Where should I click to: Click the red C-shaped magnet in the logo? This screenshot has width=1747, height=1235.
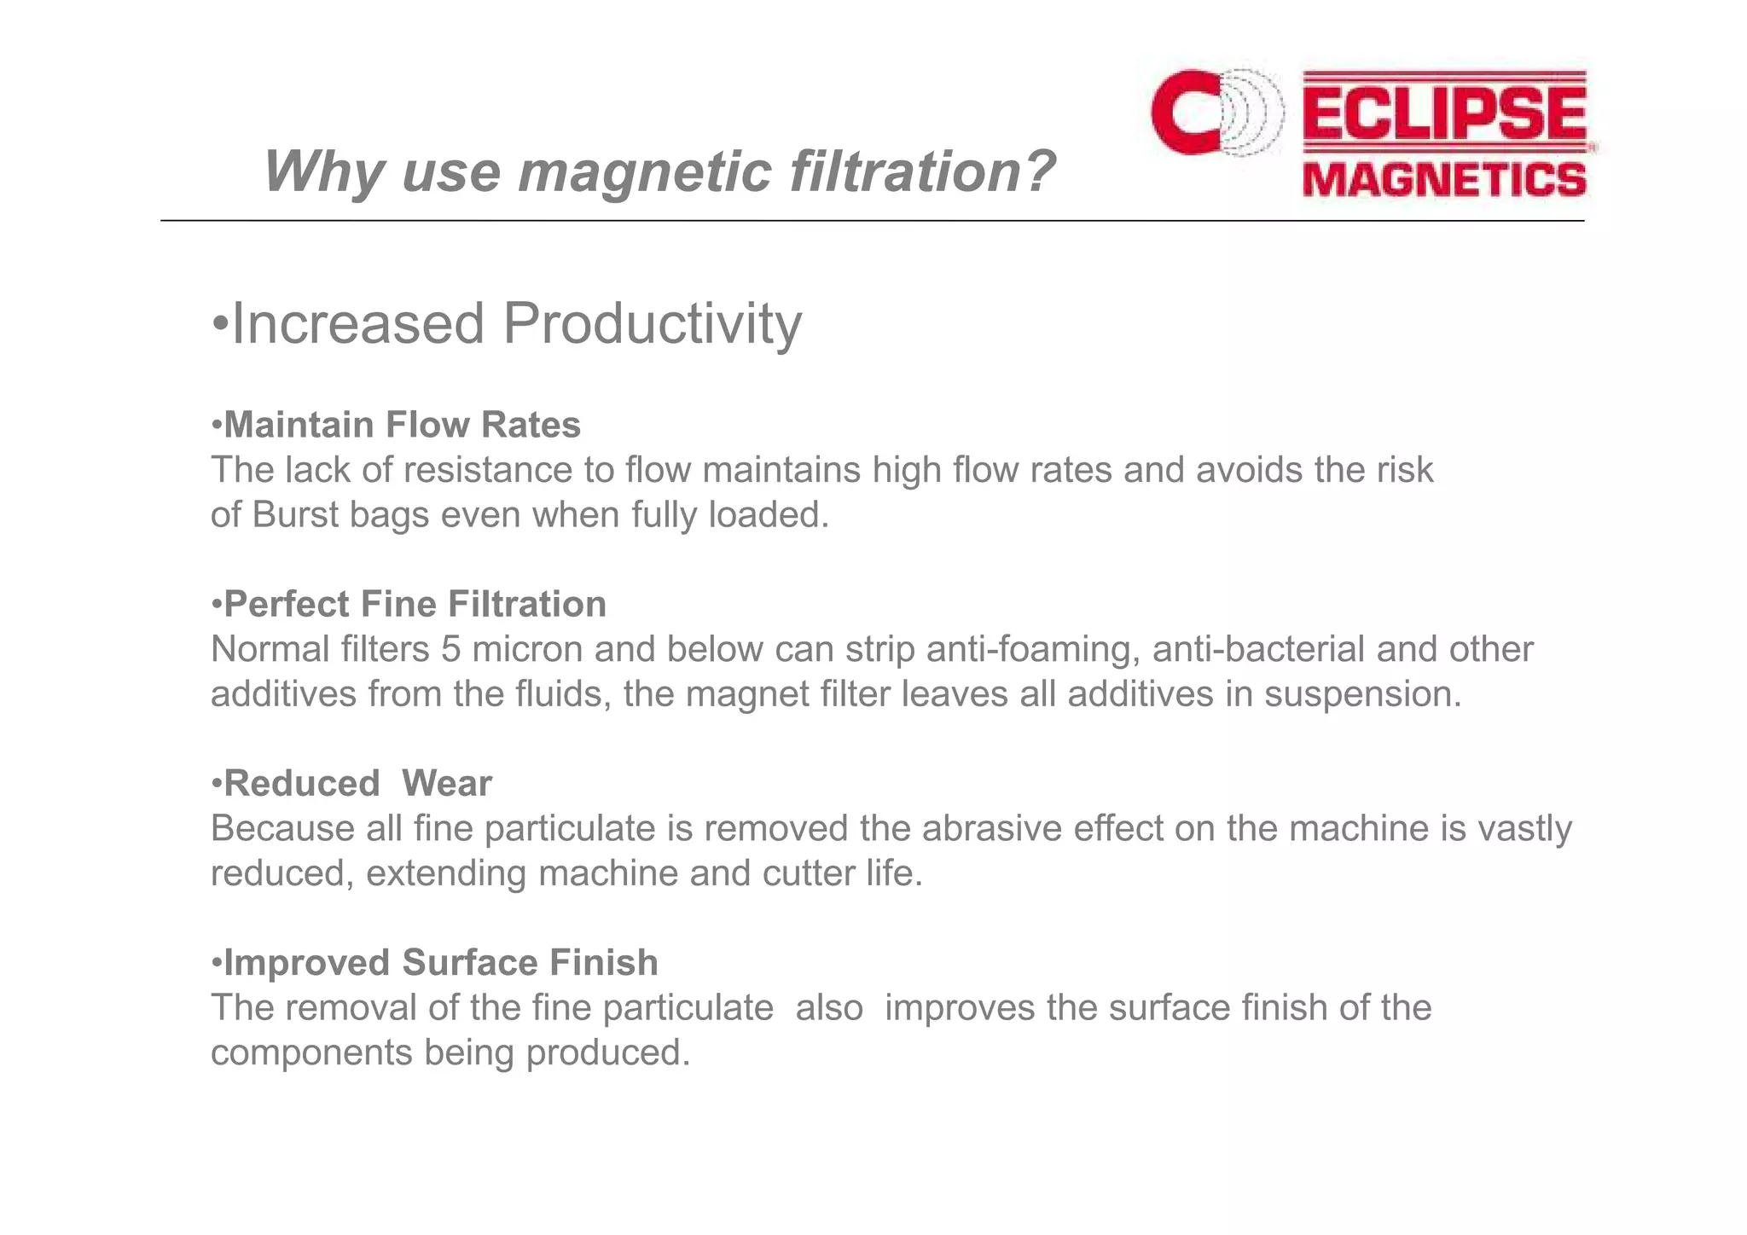(x=1181, y=113)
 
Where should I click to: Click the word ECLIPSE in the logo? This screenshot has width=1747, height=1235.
(x=1444, y=114)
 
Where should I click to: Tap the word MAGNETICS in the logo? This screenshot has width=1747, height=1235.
(x=1444, y=180)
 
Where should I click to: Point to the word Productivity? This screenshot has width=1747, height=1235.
(x=653, y=324)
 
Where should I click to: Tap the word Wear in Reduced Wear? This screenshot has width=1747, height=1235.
(x=447, y=783)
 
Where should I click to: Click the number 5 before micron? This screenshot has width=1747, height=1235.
(x=451, y=649)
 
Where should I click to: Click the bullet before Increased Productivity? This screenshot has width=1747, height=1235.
(x=220, y=325)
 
